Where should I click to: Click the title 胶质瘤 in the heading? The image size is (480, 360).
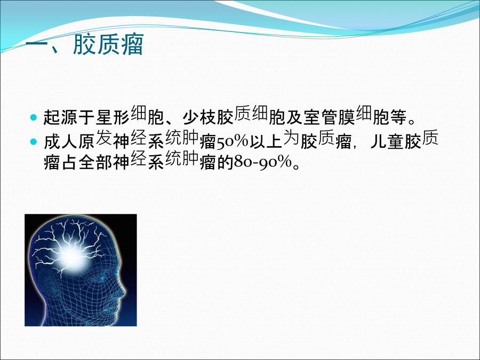[108, 44]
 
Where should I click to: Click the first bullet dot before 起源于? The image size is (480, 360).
[34, 117]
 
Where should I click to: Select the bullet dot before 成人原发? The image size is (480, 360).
[34, 142]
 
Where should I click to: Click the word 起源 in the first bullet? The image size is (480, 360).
[61, 117]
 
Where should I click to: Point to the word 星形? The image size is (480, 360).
[113, 117]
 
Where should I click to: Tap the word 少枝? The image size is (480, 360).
[199, 117]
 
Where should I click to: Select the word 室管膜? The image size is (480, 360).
[330, 117]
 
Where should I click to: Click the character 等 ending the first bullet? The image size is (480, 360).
[399, 117]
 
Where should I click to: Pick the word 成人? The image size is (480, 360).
[61, 142]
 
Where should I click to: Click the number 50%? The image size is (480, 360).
[233, 142]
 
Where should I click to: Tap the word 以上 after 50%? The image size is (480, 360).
[266, 142]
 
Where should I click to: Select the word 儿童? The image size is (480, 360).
[388, 142]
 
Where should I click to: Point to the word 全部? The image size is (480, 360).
[95, 162]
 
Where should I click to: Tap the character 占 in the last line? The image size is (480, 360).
[69, 162]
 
